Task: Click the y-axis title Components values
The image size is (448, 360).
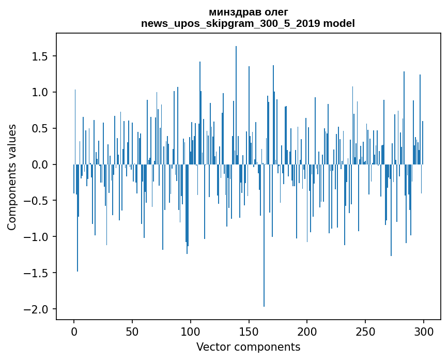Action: [x=11, y=177]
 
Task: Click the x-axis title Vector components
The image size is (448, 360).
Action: [x=248, y=347]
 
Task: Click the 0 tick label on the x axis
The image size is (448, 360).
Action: [x=74, y=332]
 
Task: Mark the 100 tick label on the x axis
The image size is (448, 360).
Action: [x=190, y=332]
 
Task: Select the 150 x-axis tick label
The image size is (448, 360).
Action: [x=249, y=332]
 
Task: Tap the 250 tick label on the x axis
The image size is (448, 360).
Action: [x=365, y=332]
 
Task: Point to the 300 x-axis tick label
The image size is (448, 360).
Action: [x=424, y=332]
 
